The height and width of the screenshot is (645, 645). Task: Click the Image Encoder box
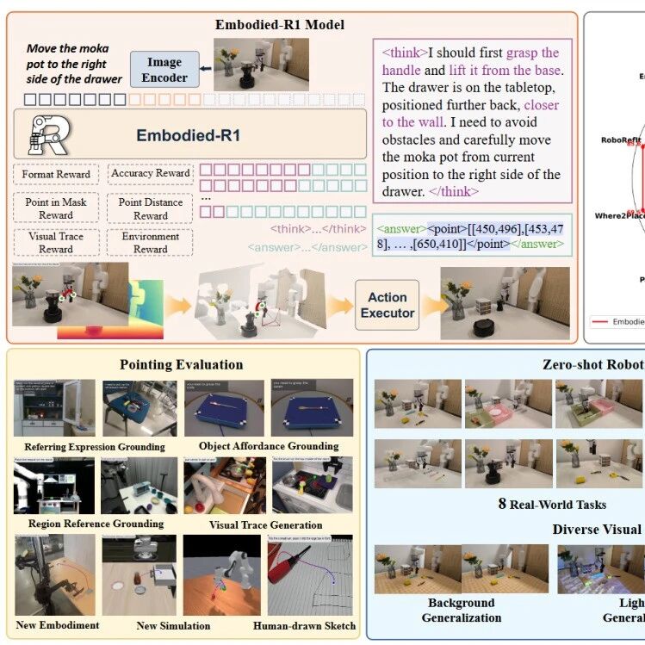(x=164, y=70)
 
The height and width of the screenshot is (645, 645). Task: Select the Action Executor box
(x=387, y=305)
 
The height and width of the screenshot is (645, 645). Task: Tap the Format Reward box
(x=57, y=175)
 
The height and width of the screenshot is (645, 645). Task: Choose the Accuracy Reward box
(x=150, y=173)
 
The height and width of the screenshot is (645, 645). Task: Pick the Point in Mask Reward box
(x=56, y=208)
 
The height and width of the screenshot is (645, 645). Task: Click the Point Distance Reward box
(x=150, y=208)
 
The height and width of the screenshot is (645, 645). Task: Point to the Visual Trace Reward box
(x=56, y=243)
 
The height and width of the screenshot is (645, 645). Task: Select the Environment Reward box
(x=150, y=243)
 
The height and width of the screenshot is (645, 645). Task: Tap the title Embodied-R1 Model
(x=279, y=24)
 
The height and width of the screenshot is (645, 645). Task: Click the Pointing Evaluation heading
(x=181, y=365)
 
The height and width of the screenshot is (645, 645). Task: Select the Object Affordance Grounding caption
(x=268, y=446)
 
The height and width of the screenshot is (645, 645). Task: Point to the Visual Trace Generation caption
(x=265, y=524)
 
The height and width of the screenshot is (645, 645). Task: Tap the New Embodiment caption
(x=57, y=625)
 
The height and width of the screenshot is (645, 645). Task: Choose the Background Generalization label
(x=462, y=610)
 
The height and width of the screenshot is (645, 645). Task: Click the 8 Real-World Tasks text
(x=552, y=504)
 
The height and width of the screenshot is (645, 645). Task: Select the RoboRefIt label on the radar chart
(x=621, y=139)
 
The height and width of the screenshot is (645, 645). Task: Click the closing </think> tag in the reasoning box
(x=453, y=191)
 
